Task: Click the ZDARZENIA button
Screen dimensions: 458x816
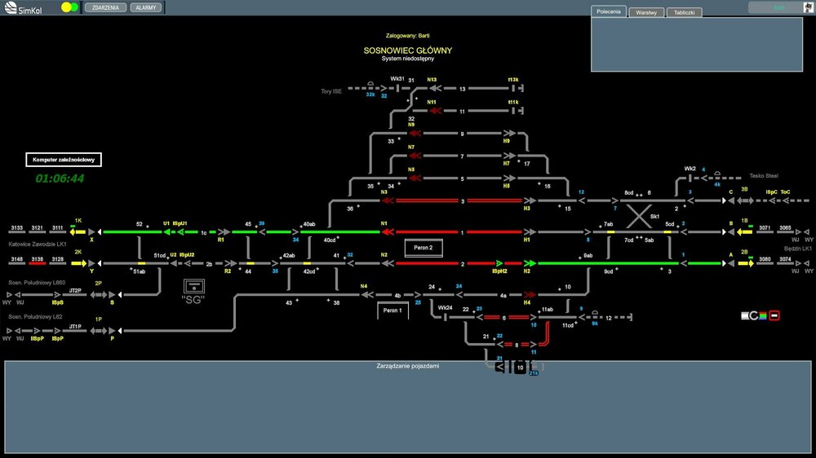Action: point(105,7)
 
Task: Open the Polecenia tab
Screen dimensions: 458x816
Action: point(608,12)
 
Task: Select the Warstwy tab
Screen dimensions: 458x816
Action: point(647,13)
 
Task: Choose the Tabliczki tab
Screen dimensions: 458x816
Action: point(684,13)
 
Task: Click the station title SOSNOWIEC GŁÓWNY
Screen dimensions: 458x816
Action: point(408,51)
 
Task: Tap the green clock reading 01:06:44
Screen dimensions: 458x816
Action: point(60,178)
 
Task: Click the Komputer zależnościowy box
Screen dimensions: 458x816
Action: point(64,160)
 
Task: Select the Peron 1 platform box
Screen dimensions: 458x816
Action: point(392,310)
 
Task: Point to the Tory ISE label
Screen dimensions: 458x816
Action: point(331,91)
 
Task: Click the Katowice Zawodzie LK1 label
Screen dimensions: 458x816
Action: point(37,244)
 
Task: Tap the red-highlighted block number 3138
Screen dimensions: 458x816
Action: point(37,259)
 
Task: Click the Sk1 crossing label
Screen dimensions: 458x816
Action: point(654,217)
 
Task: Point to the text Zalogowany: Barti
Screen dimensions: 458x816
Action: point(408,36)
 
